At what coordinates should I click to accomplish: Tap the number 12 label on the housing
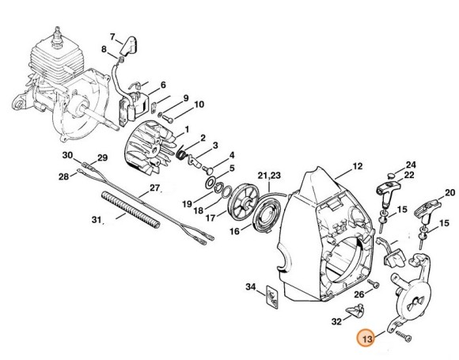tap(357, 166)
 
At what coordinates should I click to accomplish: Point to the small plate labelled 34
tap(271, 297)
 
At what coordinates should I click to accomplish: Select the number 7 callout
tap(112, 36)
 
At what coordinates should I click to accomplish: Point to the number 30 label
tap(67, 154)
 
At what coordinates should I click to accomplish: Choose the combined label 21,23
tap(268, 175)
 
